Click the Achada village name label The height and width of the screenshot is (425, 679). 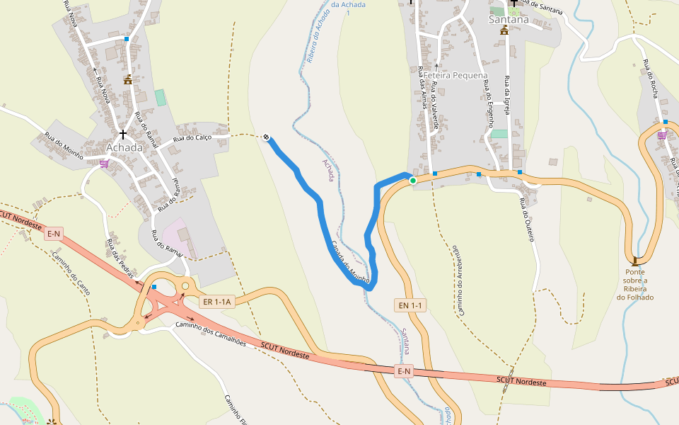(x=124, y=147)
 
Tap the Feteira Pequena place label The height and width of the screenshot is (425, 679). (x=455, y=75)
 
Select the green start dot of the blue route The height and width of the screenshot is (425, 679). (x=413, y=181)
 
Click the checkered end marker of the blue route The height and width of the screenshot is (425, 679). (x=266, y=137)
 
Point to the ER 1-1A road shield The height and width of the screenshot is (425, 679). (x=217, y=302)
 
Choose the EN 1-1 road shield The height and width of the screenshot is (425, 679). (x=410, y=305)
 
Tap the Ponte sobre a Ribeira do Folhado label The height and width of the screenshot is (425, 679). (x=635, y=284)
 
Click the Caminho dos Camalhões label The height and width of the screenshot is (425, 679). (x=210, y=334)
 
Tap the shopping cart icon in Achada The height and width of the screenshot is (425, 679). (x=105, y=164)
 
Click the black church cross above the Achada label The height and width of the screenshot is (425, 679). (x=123, y=133)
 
